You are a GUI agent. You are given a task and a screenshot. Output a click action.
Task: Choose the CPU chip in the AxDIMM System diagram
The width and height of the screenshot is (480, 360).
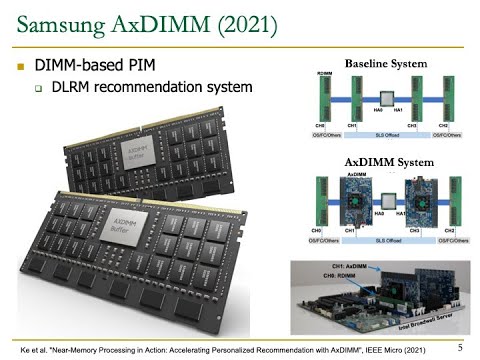tap(384, 198)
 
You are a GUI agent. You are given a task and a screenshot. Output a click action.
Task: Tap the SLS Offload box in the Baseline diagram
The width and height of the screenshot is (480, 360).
tap(384, 134)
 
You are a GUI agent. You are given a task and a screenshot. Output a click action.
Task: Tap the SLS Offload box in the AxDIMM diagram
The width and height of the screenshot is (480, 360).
tap(384, 240)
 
